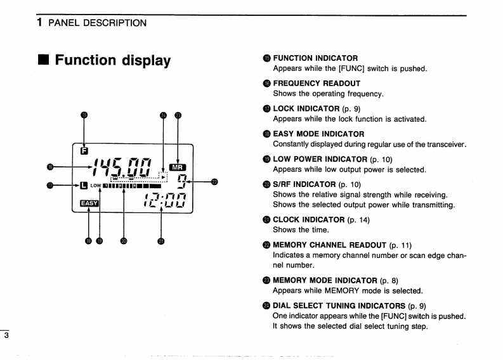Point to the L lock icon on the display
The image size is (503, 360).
pyautogui.click(x=83, y=186)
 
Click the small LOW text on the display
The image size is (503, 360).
pyautogui.click(x=95, y=186)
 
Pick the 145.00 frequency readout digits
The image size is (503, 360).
pyautogui.click(x=122, y=168)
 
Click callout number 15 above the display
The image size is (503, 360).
pyautogui.click(x=84, y=115)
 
